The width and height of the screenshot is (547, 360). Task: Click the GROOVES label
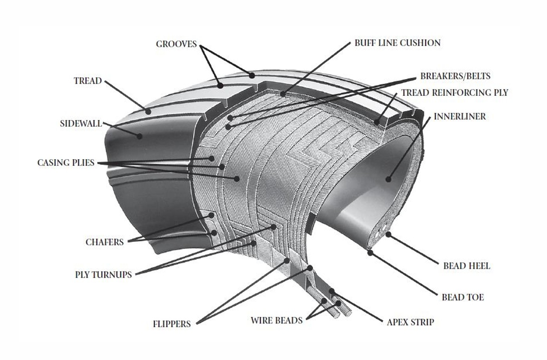pos(176,44)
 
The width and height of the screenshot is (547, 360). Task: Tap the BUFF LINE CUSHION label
pos(397,43)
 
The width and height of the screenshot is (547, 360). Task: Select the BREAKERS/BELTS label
pos(455,76)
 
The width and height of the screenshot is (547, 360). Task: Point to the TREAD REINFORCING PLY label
pos(454,93)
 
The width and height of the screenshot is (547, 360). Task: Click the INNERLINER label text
pos(460,117)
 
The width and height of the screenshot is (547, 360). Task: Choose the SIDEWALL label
pos(81,123)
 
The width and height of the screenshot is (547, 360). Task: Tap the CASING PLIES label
pos(66,163)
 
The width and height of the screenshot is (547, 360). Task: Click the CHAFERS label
pos(105,242)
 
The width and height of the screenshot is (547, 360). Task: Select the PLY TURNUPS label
pos(103,275)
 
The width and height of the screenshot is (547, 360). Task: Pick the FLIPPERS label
pos(172,324)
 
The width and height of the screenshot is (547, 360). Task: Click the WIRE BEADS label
pos(277,320)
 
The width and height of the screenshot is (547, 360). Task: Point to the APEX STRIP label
pos(410,322)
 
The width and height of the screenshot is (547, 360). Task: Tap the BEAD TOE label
pos(462,297)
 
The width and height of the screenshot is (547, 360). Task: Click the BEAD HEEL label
pos(466,266)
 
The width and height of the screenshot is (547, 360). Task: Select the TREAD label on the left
pos(88,81)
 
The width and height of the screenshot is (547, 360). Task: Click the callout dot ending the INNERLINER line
pos(388,179)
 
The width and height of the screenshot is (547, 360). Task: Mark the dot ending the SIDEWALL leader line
pos(139,136)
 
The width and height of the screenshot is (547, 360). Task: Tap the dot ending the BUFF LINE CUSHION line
pos(283,95)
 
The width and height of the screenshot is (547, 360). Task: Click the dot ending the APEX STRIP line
pos(331,291)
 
